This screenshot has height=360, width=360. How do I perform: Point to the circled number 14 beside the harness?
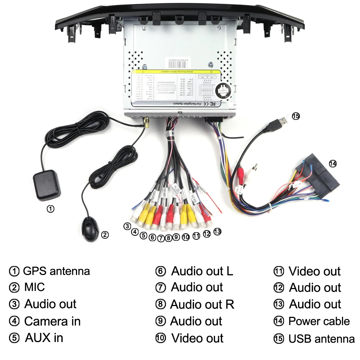pyautogui.click(x=333, y=163)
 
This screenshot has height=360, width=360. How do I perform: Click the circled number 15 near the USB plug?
pyautogui.click(x=296, y=116)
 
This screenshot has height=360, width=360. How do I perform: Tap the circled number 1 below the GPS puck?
pyautogui.click(x=51, y=208)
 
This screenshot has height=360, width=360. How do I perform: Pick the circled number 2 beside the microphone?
pyautogui.click(x=104, y=235)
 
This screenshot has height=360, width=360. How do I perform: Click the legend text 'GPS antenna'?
pyautogui.click(x=56, y=271)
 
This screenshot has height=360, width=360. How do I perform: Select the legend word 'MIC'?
pyautogui.click(x=35, y=287)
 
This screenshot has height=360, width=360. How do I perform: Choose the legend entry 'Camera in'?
pyautogui.click(x=52, y=321)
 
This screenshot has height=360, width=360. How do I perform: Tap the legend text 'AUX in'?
pyautogui.click(x=44, y=338)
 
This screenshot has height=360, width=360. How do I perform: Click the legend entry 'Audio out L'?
pyautogui.click(x=202, y=271)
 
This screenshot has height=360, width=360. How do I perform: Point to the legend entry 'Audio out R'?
pyautogui.click(x=202, y=305)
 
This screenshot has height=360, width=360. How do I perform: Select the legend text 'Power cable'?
pyautogui.click(x=319, y=321)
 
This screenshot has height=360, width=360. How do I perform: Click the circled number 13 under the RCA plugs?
pyautogui.click(x=217, y=231)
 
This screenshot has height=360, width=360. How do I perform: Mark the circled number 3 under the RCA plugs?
pyautogui.click(x=127, y=226)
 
